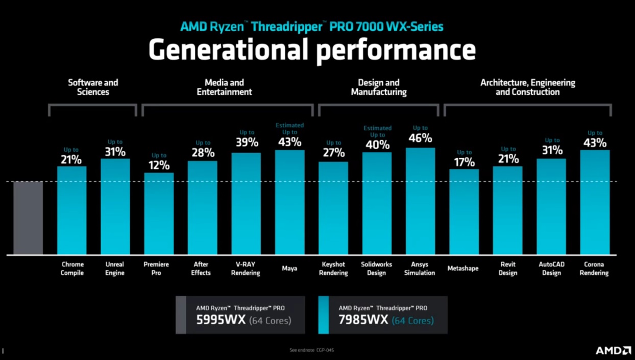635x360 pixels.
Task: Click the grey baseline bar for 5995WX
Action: point(28,218)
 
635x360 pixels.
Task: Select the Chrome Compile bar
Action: point(72,210)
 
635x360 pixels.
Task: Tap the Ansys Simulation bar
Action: point(420,201)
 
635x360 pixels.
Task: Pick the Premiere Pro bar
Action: point(159,213)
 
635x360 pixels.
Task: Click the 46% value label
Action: point(420,138)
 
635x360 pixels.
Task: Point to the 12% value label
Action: point(159,165)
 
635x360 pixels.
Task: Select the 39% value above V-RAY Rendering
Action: point(247,142)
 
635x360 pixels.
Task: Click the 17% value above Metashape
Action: point(464,162)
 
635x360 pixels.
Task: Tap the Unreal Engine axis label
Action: point(115,269)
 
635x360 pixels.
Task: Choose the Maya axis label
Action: point(289,268)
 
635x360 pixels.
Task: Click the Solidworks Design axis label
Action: point(377,269)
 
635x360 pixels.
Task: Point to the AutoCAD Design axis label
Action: point(551,269)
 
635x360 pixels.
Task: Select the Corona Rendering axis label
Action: point(594,269)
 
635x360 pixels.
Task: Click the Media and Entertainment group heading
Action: point(225,87)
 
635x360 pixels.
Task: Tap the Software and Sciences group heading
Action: point(93,87)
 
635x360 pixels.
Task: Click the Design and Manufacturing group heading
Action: point(379,87)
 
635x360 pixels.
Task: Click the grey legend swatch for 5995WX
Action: point(181,315)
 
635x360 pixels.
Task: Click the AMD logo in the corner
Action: point(613,350)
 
